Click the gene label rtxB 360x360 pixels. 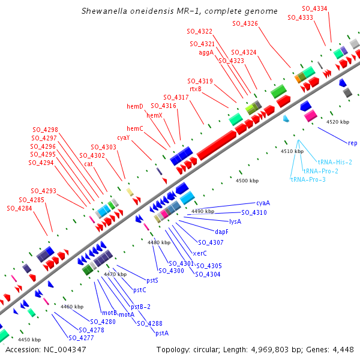click(x=196, y=89)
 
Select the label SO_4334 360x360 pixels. click(x=315, y=8)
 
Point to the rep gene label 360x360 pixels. click(x=353, y=143)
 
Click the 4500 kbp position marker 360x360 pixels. click(x=247, y=181)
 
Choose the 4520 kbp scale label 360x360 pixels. click(x=337, y=122)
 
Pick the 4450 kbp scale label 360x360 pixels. click(x=29, y=340)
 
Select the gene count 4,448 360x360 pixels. click(x=342, y=349)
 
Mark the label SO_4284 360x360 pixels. click(x=19, y=208)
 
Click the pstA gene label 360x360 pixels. click(x=162, y=333)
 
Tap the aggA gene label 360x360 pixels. click(x=206, y=52)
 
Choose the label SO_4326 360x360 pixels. click(x=245, y=23)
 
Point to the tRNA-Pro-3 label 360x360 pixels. click(x=308, y=179)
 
